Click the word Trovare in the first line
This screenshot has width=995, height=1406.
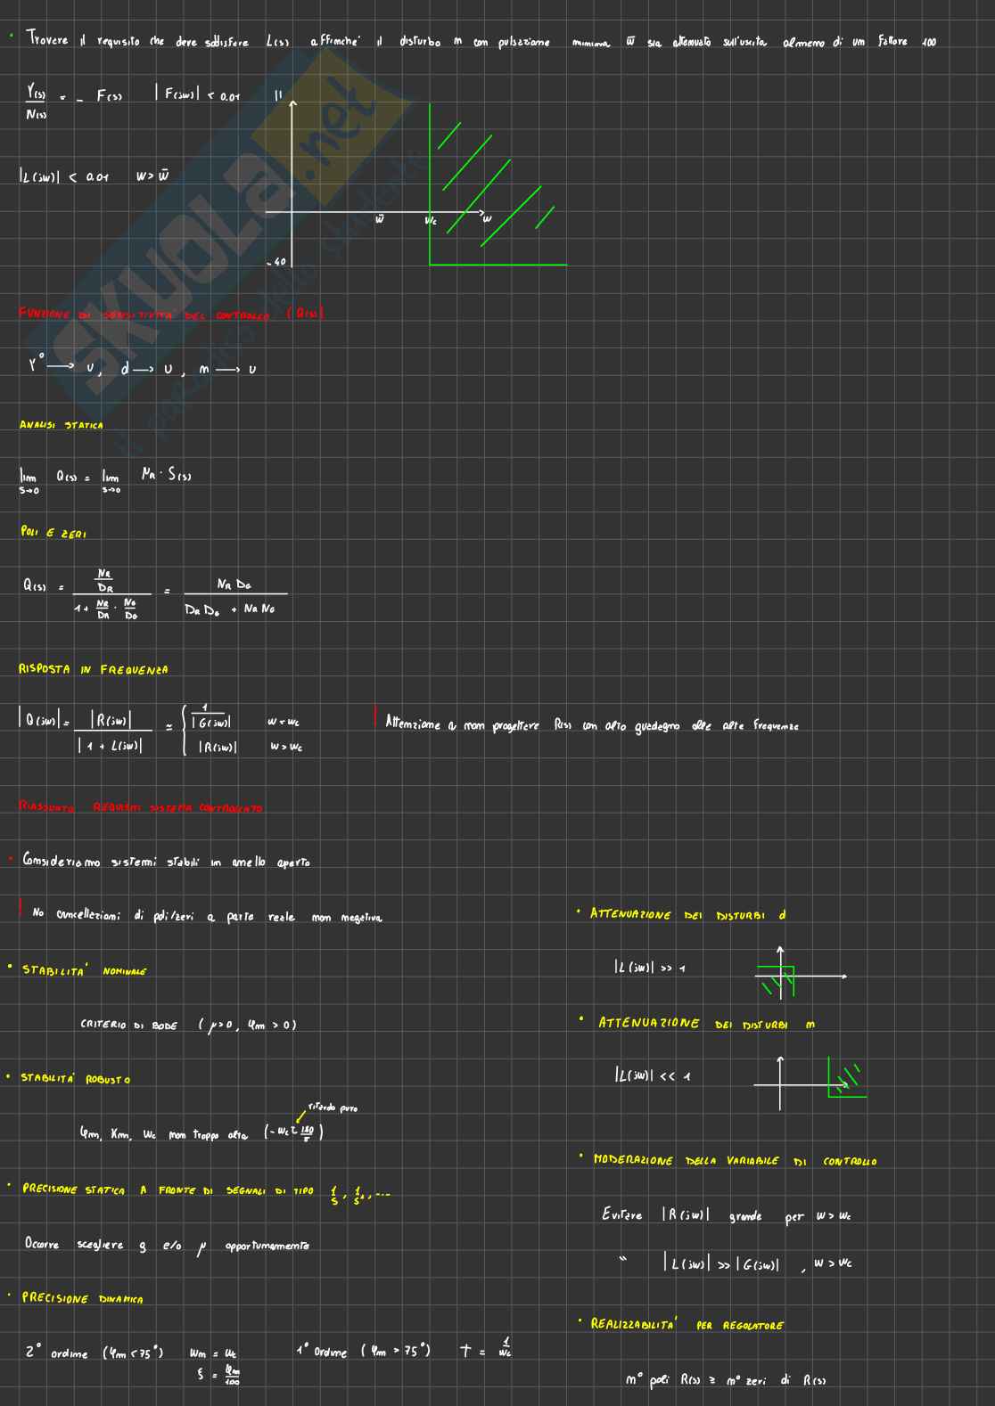point(47,40)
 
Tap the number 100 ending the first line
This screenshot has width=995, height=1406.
point(928,42)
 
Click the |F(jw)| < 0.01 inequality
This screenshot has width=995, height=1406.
point(197,95)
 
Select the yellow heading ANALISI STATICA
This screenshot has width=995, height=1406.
point(61,425)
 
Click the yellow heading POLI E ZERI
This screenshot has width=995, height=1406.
point(53,532)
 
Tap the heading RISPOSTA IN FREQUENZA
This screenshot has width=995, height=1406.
point(93,669)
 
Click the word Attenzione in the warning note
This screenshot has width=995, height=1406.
point(412,725)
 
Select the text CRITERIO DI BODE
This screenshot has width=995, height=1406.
point(128,1025)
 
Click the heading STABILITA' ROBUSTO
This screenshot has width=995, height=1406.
point(76,1079)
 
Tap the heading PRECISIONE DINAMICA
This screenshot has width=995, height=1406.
point(82,1298)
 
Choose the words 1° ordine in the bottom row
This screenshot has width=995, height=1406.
point(321,1351)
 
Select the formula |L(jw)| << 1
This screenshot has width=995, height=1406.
point(652,1076)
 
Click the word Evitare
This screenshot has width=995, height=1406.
point(621,1215)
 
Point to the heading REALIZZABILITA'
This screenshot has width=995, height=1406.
point(633,1324)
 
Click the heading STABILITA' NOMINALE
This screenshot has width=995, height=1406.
point(84,970)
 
